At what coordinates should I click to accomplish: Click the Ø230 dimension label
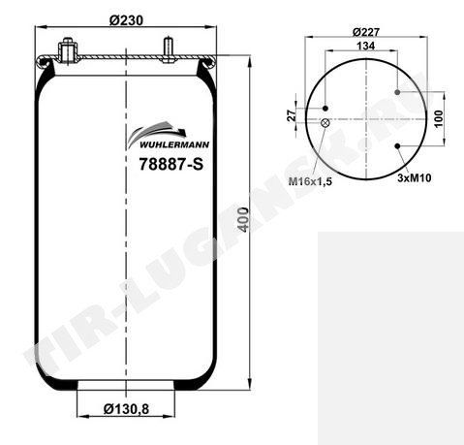126,20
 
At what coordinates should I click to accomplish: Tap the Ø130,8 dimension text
126,409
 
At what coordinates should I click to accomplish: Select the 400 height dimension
244,219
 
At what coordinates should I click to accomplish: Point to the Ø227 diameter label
366,32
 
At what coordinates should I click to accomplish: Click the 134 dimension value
366,46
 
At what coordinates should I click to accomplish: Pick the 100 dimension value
438,119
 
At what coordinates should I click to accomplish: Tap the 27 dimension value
292,115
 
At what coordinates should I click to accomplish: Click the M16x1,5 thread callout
310,181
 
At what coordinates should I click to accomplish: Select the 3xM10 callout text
415,177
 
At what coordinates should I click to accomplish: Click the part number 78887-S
171,164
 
